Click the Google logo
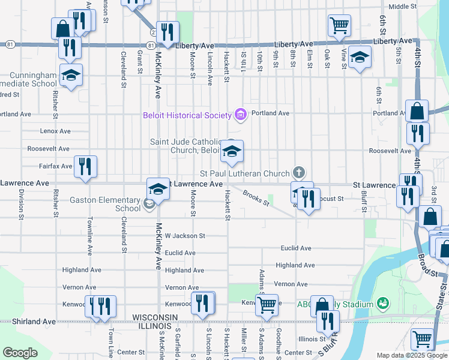tap(20, 353)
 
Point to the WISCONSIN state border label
tap(155, 317)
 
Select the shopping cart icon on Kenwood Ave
tap(267, 304)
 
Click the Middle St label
tap(402, 7)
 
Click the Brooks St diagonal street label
tap(256, 198)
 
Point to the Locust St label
tap(331, 198)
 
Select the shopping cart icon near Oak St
tap(339, 26)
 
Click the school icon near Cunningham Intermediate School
tap(71, 76)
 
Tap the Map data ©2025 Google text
tap(411, 355)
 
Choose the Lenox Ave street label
tap(55, 131)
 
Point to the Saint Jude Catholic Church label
tap(187, 146)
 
